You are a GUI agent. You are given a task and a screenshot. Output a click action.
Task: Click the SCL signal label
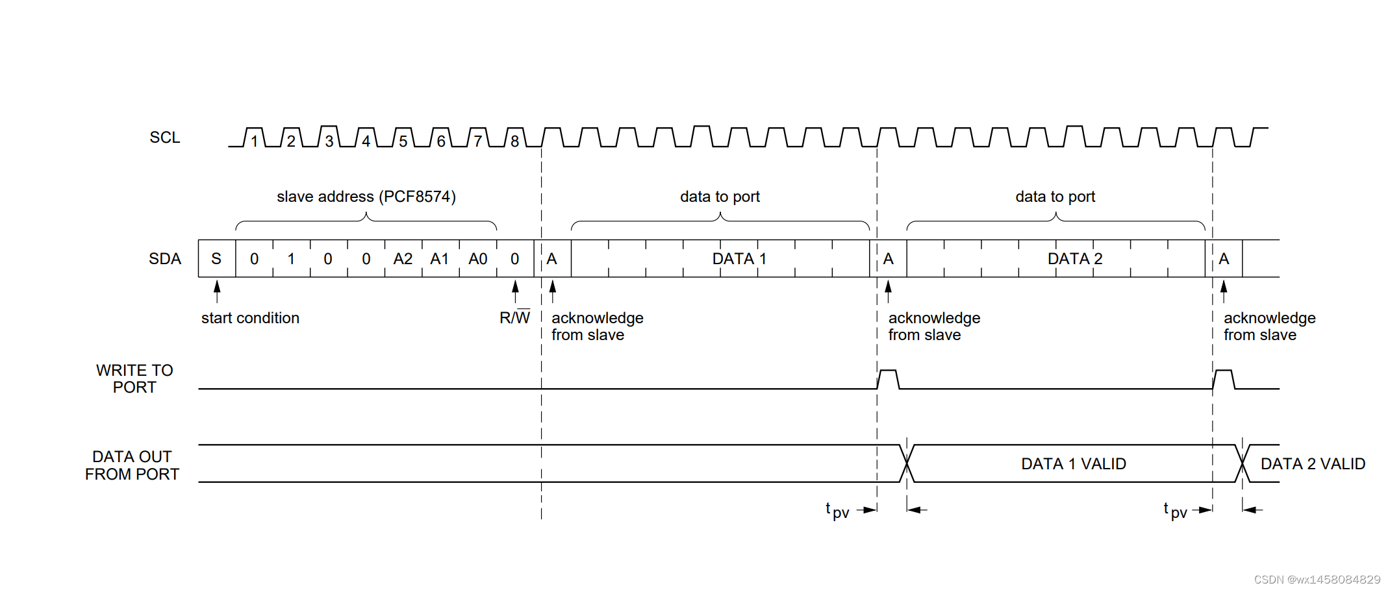click(x=164, y=138)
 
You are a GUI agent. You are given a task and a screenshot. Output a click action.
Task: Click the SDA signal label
click(x=164, y=259)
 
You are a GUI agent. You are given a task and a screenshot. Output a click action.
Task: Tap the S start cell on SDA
click(x=216, y=259)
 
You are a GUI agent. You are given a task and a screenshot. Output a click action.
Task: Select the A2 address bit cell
click(x=403, y=259)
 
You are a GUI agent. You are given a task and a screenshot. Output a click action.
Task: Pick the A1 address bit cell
click(x=440, y=259)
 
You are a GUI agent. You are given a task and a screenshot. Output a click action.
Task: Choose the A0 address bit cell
click(x=477, y=259)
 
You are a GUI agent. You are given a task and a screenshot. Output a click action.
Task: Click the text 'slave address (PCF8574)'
click(x=366, y=197)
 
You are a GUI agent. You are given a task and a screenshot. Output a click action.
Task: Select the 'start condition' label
click(x=250, y=318)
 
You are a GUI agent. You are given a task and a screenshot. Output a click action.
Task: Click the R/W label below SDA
click(x=514, y=318)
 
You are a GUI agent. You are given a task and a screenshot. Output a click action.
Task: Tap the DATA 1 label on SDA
click(x=739, y=259)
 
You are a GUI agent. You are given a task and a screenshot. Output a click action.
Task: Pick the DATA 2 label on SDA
click(x=1075, y=259)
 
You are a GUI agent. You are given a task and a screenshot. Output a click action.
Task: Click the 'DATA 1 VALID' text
click(x=1074, y=464)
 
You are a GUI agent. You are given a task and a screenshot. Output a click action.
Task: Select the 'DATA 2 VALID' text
click(x=1313, y=464)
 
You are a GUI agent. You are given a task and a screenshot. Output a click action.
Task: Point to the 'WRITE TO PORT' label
click(x=134, y=379)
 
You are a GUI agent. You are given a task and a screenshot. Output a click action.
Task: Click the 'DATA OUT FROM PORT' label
click(x=132, y=465)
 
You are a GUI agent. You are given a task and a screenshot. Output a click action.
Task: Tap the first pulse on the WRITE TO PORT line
click(x=888, y=378)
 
